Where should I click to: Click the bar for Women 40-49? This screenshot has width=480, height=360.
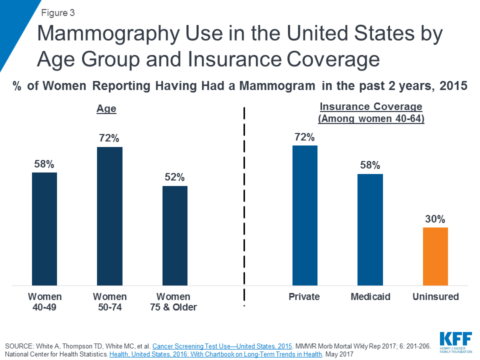tap(44, 228)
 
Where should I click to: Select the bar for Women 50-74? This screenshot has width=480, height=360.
tap(109, 216)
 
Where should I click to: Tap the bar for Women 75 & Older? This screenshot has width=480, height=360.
tap(174, 235)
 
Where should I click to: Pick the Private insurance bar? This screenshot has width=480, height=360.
tap(305, 215)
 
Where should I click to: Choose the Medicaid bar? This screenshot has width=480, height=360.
tap(370, 229)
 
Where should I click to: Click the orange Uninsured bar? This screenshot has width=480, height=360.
tap(435, 256)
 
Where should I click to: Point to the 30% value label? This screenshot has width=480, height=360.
tap(435, 218)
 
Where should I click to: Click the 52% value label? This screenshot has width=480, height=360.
tap(174, 177)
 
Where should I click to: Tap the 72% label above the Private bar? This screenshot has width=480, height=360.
tap(305, 136)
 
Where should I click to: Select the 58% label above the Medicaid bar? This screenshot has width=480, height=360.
tap(370, 165)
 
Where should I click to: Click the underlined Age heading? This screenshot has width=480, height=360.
tap(106, 109)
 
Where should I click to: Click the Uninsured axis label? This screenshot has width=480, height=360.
tap(435, 297)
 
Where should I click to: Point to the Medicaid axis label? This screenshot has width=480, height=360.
tap(370, 297)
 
